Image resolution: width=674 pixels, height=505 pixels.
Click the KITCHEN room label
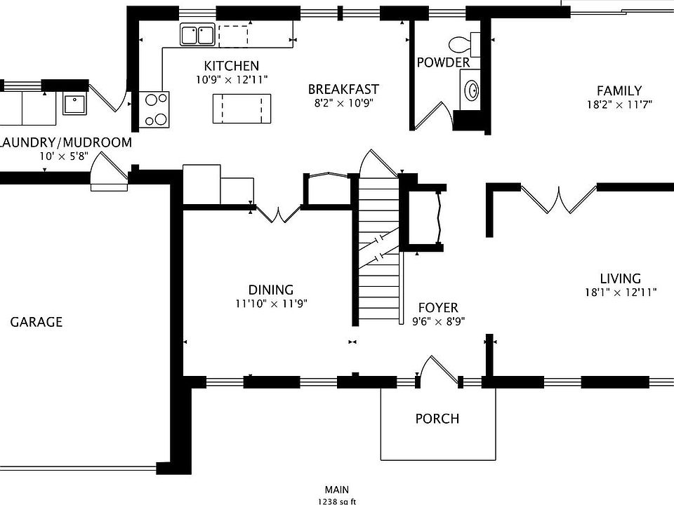coord(231,66)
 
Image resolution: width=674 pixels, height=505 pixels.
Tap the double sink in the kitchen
coord(197,34)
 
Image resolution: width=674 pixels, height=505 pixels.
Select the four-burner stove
coord(154,109)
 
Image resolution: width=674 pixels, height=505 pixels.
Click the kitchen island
coord(242,108)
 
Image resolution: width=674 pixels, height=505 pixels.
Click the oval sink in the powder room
coord(472,90)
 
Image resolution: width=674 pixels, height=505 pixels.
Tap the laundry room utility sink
coord(75,104)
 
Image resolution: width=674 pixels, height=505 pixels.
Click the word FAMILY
coord(619,90)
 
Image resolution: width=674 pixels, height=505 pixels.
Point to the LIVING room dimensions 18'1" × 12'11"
coord(620,292)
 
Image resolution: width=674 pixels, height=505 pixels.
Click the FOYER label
coord(438,307)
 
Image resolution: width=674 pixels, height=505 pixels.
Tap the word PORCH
coord(437,418)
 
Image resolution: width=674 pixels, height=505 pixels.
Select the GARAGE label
coord(36,322)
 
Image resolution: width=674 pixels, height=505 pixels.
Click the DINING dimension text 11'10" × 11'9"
coord(271,304)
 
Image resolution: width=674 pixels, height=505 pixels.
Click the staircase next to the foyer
coord(378,249)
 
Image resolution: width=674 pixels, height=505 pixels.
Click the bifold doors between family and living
coord(559,198)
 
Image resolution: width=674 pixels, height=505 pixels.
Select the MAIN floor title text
coord(336,490)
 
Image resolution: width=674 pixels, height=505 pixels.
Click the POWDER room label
coord(443,62)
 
